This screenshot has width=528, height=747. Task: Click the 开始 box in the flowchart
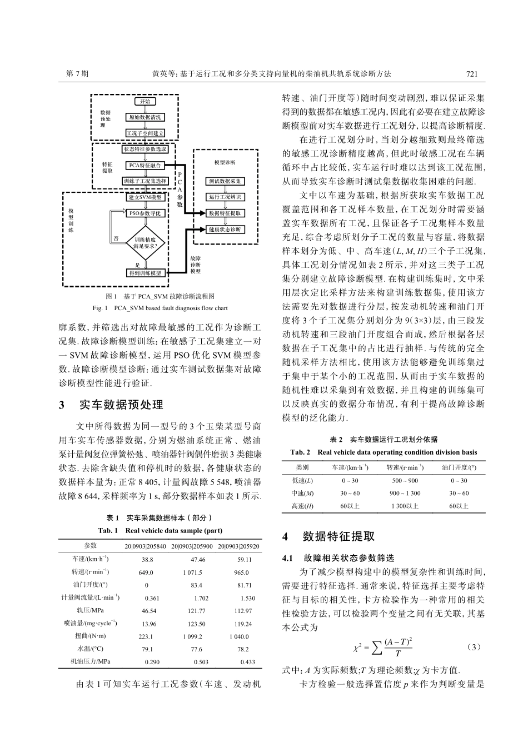tap(145, 102)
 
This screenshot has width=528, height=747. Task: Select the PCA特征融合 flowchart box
tap(145, 165)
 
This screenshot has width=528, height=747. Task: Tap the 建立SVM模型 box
tap(145, 197)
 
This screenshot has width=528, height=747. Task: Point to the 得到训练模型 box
tap(145, 273)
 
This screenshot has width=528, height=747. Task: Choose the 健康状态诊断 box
tap(225, 229)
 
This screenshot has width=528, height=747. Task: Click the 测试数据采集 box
tap(225, 181)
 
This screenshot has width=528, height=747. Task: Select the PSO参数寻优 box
tap(145, 213)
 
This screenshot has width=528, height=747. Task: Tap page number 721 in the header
tap(472, 73)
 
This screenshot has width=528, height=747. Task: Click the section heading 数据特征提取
tap(339, 536)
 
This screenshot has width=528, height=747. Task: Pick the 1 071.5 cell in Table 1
tap(192, 572)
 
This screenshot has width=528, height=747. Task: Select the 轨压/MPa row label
tap(91, 610)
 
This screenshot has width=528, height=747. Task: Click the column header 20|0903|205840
tap(145, 546)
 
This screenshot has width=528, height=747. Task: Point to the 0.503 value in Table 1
tap(201, 662)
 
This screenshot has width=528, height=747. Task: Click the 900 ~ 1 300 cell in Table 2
tap(405, 493)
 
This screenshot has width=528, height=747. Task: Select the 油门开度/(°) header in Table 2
tap(459, 467)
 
